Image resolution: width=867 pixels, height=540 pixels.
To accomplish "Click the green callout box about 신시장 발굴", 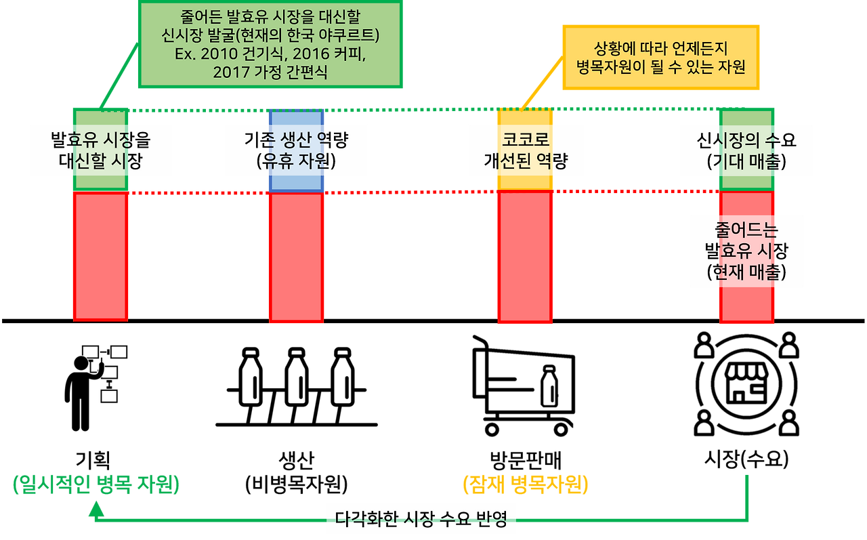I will [x=270, y=44].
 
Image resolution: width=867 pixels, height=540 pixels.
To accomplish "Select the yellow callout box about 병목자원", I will [x=662, y=57].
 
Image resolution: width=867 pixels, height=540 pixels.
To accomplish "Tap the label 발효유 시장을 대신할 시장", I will [x=101, y=150].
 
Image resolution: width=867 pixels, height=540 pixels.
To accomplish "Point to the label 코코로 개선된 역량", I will [x=525, y=150].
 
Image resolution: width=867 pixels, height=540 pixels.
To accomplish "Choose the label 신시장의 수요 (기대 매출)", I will [x=746, y=150].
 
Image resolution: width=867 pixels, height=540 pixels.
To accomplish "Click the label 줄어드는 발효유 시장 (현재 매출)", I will [x=746, y=251].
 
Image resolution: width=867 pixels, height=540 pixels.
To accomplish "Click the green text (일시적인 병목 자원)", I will [x=96, y=485].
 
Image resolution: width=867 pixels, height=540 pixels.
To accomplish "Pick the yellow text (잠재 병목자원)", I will [x=525, y=485].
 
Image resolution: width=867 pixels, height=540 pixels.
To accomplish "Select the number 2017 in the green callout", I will [x=231, y=72].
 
